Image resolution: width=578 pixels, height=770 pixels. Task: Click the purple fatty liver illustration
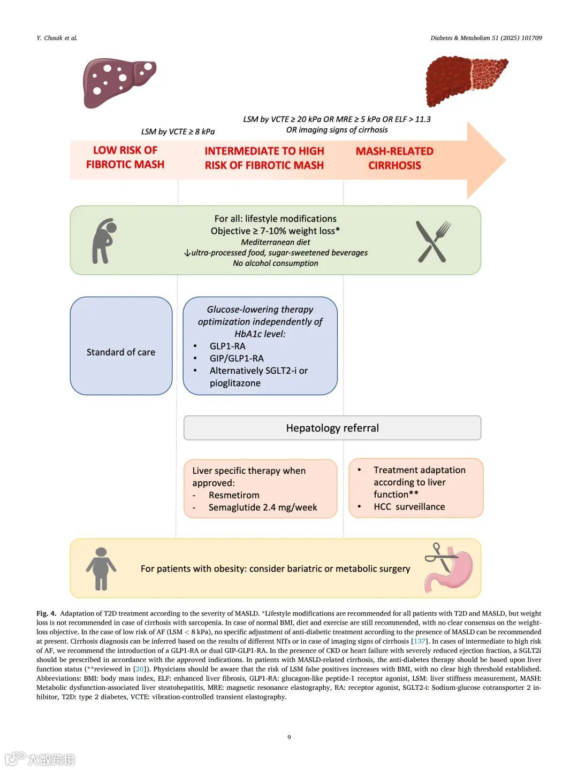(x=119, y=83)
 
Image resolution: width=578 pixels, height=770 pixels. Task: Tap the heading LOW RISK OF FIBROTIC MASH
(x=125, y=157)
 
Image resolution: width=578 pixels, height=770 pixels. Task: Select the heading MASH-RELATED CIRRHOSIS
(x=394, y=158)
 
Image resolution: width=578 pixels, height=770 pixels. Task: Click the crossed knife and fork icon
(x=433, y=242)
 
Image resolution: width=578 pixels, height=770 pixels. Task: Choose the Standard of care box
(x=121, y=352)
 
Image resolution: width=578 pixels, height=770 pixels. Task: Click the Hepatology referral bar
(x=332, y=428)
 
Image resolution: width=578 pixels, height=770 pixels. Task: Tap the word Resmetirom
(x=234, y=495)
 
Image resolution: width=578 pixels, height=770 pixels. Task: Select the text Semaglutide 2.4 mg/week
(x=263, y=507)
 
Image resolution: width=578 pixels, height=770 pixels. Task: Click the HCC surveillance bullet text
(x=409, y=506)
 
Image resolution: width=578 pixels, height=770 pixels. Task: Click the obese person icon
(x=101, y=569)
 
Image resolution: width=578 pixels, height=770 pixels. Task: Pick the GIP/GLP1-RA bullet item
(x=237, y=358)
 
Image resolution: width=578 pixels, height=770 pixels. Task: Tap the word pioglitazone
(x=235, y=383)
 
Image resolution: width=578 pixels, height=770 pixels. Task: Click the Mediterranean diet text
(x=276, y=242)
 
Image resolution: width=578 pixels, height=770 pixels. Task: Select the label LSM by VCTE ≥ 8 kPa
(x=178, y=132)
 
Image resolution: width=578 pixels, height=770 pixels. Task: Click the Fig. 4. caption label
(x=46, y=613)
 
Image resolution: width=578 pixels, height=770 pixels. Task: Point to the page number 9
(x=289, y=737)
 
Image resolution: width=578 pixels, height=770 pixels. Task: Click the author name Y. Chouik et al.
(x=57, y=38)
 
